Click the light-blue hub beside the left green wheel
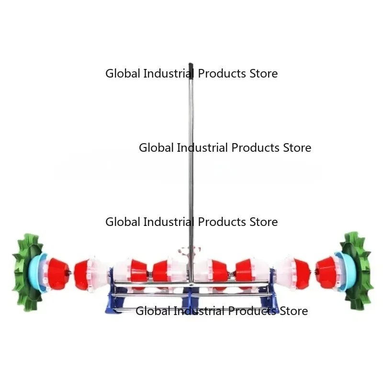coord(37,272)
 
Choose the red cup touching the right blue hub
coord(326,271)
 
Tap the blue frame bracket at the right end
coord(271,291)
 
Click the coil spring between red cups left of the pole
coord(150,274)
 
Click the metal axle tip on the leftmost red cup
coord(70,272)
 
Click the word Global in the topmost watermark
coord(123,74)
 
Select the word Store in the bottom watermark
coord(293,311)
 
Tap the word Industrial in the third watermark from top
coord(169,222)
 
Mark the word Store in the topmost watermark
coord(264,74)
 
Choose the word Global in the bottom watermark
coord(153,311)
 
